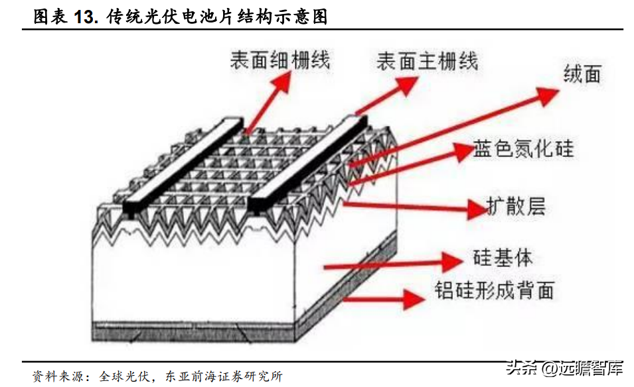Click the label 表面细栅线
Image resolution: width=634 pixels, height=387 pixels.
click(x=280, y=60)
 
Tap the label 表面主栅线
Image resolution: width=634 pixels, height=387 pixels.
click(x=428, y=62)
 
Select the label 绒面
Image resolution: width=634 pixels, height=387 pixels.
click(x=582, y=74)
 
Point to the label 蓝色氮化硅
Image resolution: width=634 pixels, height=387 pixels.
click(x=523, y=148)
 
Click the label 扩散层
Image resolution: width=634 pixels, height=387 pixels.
click(x=516, y=206)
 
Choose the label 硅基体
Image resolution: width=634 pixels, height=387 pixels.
click(x=503, y=258)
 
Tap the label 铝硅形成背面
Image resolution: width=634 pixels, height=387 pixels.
click(x=494, y=290)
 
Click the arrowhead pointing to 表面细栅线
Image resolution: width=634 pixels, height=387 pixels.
click(x=281, y=82)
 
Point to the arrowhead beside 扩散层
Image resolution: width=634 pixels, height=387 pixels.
click(x=477, y=209)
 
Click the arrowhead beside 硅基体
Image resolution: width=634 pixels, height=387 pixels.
click(x=452, y=262)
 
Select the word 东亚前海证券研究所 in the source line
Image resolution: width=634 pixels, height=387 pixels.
click(x=224, y=376)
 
